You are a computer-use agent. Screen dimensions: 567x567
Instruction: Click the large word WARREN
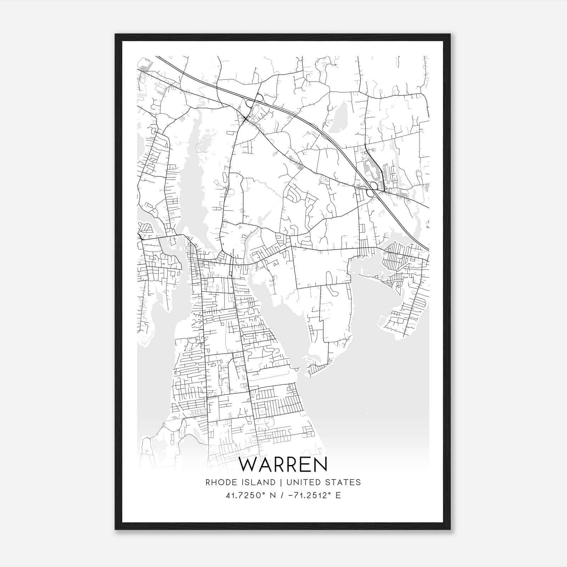(283, 465)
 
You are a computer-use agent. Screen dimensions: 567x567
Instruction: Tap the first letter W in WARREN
(247, 465)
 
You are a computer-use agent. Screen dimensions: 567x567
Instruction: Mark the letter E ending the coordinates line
(338, 495)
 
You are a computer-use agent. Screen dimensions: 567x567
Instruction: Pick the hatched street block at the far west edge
(145, 227)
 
